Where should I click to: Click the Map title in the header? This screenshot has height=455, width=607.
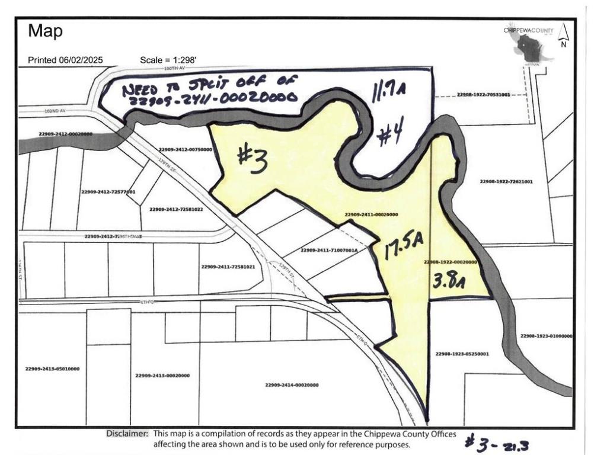[45, 31]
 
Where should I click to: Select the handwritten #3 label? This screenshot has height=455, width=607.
[251, 159]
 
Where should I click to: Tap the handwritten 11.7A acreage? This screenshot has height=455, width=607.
[388, 92]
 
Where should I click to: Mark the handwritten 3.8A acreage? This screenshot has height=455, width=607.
[449, 280]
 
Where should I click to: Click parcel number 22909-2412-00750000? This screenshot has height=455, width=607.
[185, 150]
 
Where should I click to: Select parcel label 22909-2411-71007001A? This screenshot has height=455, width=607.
[329, 251]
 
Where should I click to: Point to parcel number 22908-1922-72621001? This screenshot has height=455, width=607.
[506, 181]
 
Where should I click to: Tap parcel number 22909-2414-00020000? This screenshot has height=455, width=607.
[292, 385]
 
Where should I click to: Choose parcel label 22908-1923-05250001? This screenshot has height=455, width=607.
[462, 354]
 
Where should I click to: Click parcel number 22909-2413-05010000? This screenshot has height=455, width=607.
[52, 369]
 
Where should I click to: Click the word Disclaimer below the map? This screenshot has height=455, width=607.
[127, 434]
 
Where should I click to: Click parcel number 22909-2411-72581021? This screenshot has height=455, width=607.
[228, 267]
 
